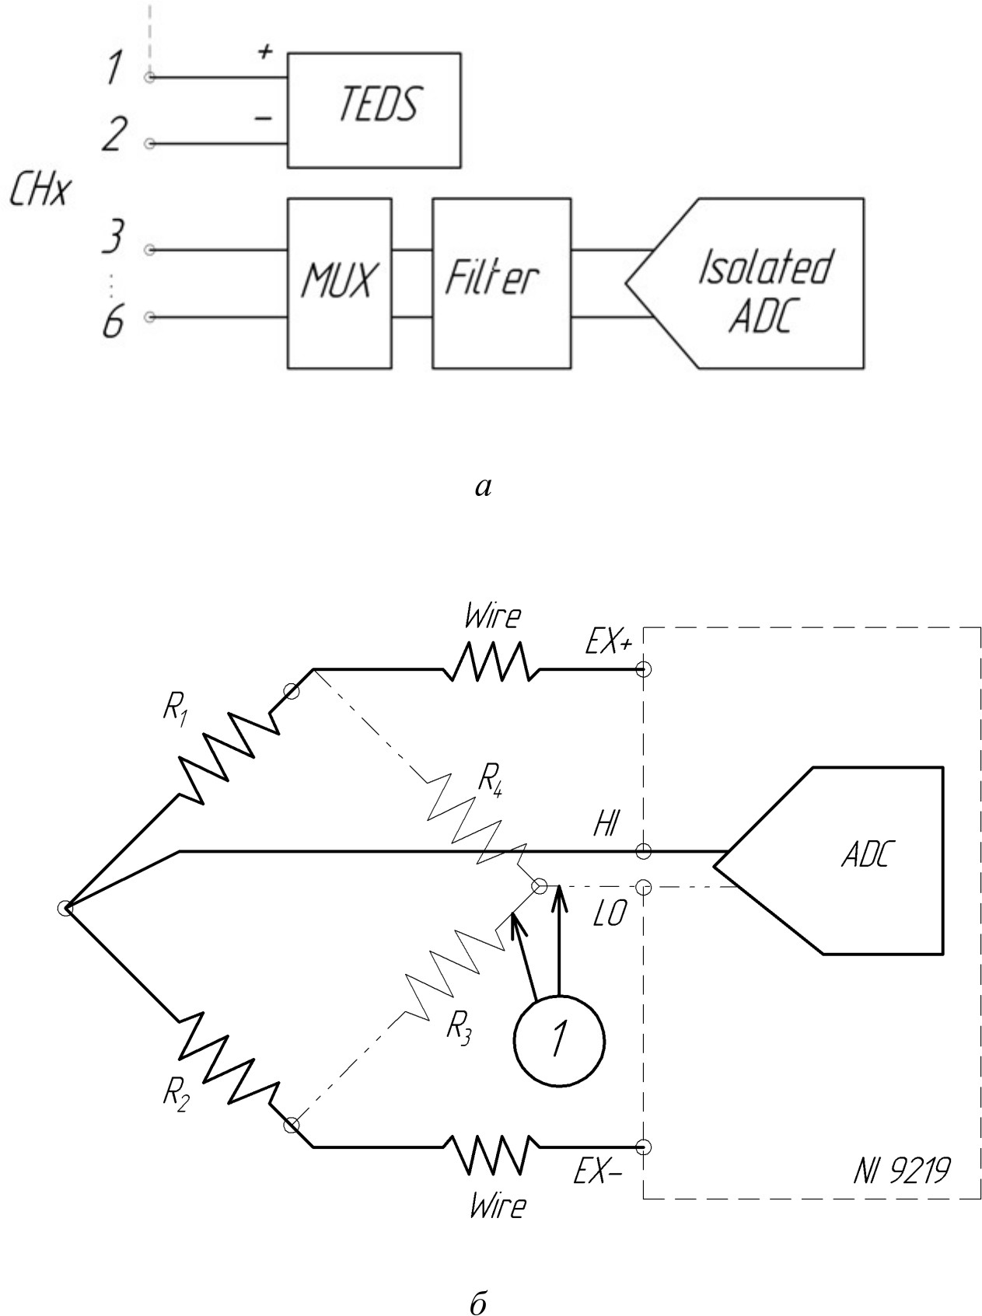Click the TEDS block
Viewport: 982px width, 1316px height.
click(x=374, y=110)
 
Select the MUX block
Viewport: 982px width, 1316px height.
click(x=339, y=283)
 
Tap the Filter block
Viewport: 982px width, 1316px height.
click(x=501, y=283)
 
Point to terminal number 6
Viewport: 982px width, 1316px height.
click(x=114, y=321)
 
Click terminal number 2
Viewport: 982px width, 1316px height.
click(x=114, y=134)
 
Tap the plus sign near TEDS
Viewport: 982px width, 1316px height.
click(x=265, y=53)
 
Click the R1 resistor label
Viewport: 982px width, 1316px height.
click(x=175, y=711)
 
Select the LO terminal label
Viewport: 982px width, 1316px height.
click(x=609, y=916)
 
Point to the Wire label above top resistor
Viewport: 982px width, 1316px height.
click(x=492, y=617)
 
